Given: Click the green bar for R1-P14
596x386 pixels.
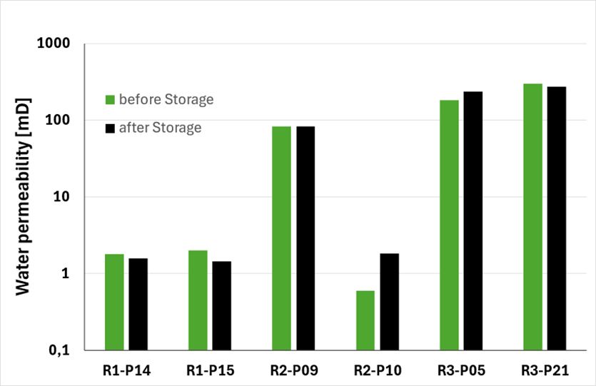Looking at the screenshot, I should pos(114,302).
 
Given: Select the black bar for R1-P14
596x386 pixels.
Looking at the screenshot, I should pos(138,304).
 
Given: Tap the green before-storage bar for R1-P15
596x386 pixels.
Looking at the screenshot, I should pos(198,300).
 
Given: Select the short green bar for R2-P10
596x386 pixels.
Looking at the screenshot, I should pos(365,320).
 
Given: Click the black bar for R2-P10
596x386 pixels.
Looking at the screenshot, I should pos(389,302).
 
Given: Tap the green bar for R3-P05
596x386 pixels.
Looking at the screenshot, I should pos(449,225).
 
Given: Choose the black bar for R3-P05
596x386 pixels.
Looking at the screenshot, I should pos(473,220).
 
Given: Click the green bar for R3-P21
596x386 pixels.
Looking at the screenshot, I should pos(532,217).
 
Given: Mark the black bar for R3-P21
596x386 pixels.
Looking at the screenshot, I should pos(556,218).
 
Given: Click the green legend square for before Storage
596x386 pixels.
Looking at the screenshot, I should pos(109,100).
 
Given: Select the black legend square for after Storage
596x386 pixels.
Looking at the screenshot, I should pos(109,128).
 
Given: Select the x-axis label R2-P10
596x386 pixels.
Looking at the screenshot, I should pos(377,371).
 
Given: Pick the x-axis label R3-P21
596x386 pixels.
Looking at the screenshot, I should pos(544,371).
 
